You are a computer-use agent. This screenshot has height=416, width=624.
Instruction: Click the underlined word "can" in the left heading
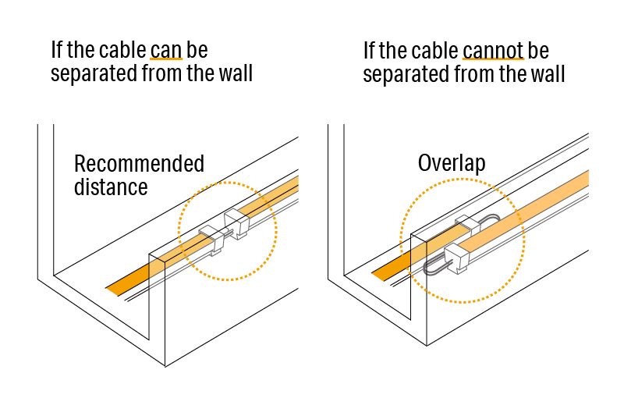(165, 51)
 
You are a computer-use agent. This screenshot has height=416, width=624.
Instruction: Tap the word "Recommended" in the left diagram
(139, 164)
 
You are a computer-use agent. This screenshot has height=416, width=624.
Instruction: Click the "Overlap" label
(451, 163)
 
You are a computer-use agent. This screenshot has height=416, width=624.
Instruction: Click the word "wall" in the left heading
(233, 76)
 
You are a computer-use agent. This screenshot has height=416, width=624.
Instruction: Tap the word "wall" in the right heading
(545, 76)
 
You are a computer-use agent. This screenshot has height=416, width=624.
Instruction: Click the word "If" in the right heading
(370, 51)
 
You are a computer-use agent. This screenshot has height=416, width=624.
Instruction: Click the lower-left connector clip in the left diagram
(211, 240)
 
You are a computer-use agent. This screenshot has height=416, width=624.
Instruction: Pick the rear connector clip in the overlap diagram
(467, 226)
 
